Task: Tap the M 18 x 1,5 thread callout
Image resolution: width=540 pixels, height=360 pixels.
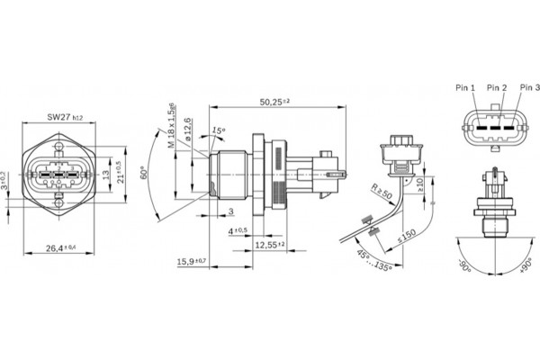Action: [x=167, y=126]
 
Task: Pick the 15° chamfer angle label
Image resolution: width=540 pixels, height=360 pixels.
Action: [x=217, y=130]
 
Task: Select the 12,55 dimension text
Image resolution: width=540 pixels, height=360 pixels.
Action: [x=268, y=244]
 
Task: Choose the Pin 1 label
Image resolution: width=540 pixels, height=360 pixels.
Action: [x=465, y=88]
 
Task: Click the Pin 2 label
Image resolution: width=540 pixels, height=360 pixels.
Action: [x=497, y=88]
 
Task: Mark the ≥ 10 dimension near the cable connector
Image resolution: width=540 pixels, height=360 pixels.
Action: [x=419, y=184]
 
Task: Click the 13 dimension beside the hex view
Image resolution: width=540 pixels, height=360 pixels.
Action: [x=106, y=174]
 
